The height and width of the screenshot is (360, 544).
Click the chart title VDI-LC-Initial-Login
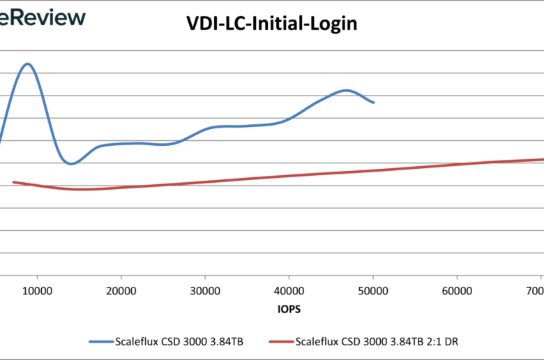pos(271,24)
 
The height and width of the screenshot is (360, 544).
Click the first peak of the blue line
pos(28,64)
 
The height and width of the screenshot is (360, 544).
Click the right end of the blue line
pos(374,103)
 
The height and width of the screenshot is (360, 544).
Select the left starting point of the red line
pos(13,183)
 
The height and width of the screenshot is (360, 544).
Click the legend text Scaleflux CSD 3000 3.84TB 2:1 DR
pos(377,342)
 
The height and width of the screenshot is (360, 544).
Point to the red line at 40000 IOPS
pos(289,175)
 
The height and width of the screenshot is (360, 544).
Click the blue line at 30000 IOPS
pos(205,130)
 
